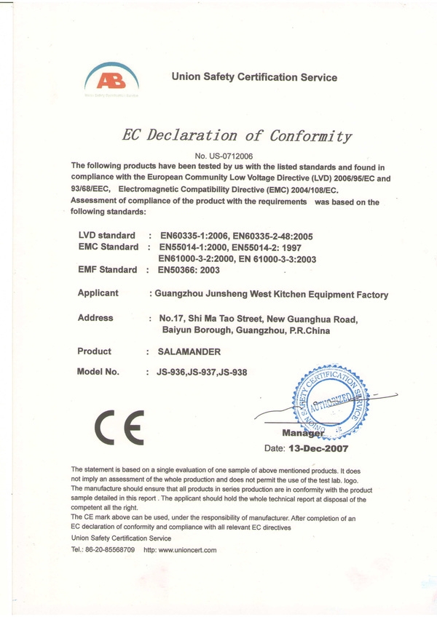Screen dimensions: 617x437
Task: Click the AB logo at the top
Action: point(111,79)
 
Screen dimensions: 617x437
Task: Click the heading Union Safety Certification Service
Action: point(253,77)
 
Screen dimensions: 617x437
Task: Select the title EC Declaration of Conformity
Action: point(237,135)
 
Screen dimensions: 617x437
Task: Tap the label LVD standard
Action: point(106,236)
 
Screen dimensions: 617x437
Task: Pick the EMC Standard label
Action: point(108,247)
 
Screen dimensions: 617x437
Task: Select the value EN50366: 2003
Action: point(189,270)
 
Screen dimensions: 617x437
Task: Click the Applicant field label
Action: point(98,293)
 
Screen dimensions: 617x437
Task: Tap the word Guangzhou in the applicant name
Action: point(181,295)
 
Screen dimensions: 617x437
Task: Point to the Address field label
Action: point(95,318)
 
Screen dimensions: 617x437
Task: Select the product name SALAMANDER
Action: point(189,351)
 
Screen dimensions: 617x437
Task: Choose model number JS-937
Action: point(202,372)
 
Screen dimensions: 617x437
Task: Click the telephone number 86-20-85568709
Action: point(113,549)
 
